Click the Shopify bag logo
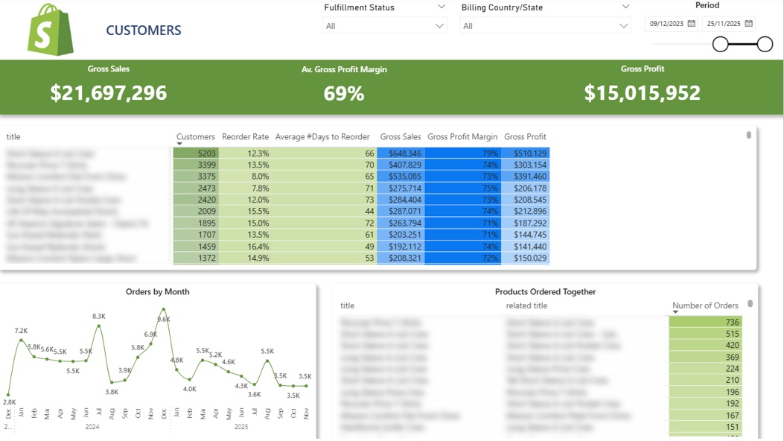point(51,30)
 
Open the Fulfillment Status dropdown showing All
point(385,26)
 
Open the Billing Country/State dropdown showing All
point(545,26)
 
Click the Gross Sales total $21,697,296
point(109,92)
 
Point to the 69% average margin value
point(344,93)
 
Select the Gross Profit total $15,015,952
point(642,92)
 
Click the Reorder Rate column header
point(245,137)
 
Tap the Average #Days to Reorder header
point(322,137)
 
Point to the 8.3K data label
point(99,317)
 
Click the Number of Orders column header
point(705,305)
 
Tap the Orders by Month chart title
point(157,292)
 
